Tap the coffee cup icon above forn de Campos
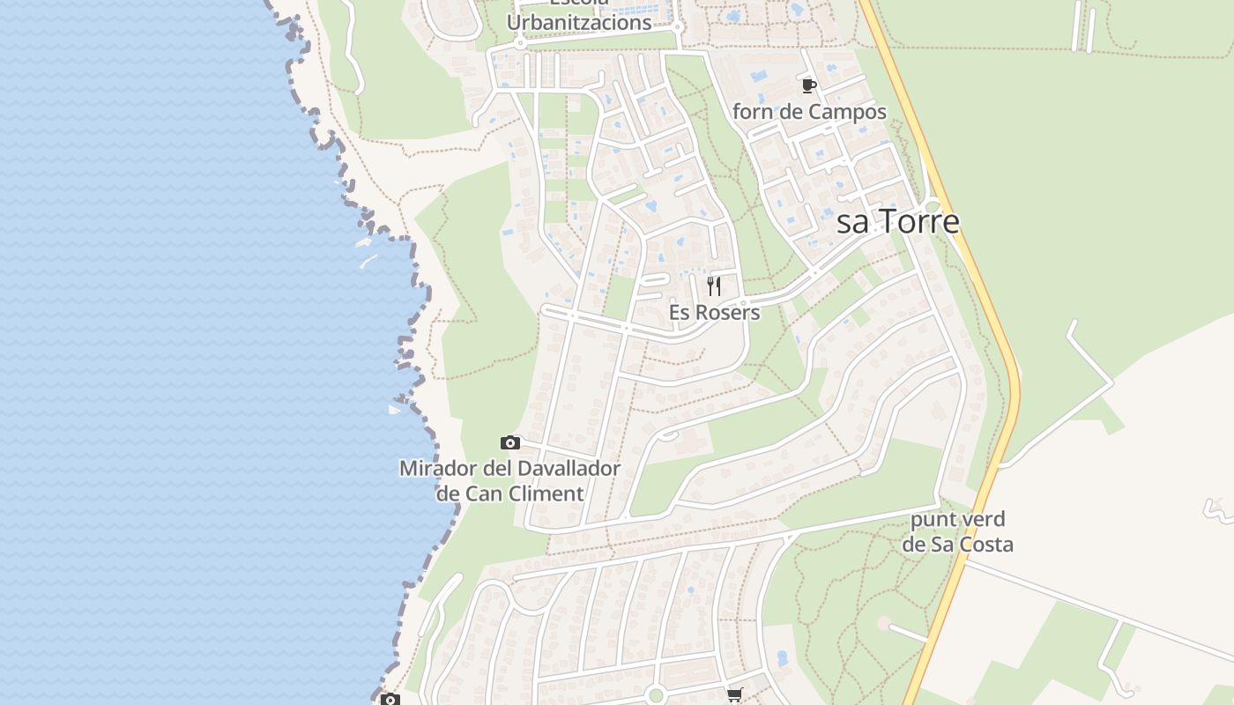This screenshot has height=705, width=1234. pos(809,85)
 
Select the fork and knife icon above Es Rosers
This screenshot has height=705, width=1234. pos(714,286)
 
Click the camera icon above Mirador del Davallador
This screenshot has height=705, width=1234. pos(510,442)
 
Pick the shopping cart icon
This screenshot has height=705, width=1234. pos(735,694)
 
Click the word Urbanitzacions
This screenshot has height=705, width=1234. pos(579,23)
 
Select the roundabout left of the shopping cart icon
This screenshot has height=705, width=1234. pos(655,694)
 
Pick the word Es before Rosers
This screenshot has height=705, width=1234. pos(680,313)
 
